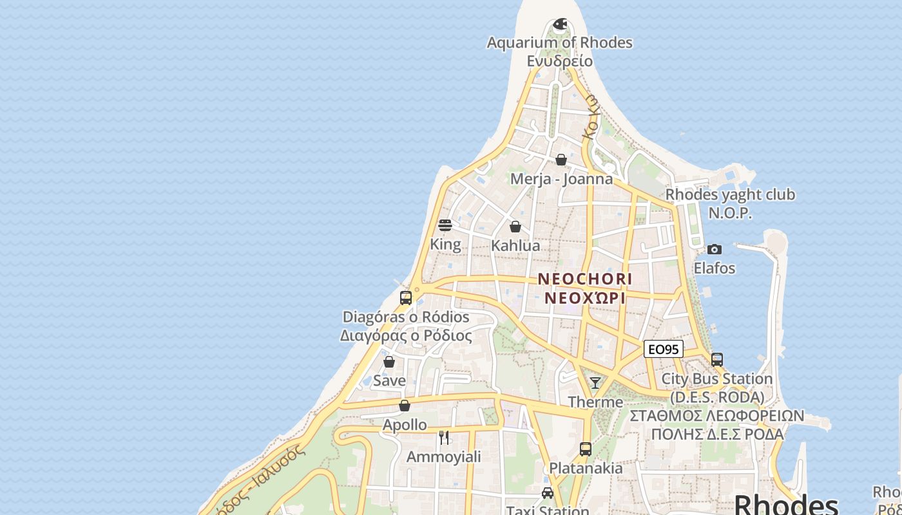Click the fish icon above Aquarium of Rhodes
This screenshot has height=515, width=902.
pos(560,24)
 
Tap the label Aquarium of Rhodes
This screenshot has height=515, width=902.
pos(559,42)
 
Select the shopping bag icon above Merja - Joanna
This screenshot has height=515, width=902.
pos(561,160)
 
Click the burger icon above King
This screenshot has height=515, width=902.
pos(445,225)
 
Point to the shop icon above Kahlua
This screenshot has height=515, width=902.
pos(515,227)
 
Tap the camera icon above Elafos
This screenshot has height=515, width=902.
pos(714,249)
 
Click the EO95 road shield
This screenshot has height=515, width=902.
pos(663,350)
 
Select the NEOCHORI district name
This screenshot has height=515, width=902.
pos(585,279)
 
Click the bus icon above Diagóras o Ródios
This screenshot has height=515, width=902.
pos(406,298)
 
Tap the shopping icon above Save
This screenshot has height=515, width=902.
pos(389,362)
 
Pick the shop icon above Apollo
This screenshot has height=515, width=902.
pos(405,406)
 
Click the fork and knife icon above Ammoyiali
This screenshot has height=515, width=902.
pos(443,438)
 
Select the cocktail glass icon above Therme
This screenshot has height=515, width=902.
pos(595,383)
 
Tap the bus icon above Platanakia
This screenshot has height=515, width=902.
pos(585,449)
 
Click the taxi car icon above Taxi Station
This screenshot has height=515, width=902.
pos(548,493)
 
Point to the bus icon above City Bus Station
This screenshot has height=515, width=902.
pos(716,359)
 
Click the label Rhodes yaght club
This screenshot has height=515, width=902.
pos(730,194)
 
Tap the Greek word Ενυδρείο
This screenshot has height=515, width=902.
pos(559,61)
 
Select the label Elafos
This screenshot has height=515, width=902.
pos(714,268)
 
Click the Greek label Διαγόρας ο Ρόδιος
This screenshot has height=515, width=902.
pos(406,335)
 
